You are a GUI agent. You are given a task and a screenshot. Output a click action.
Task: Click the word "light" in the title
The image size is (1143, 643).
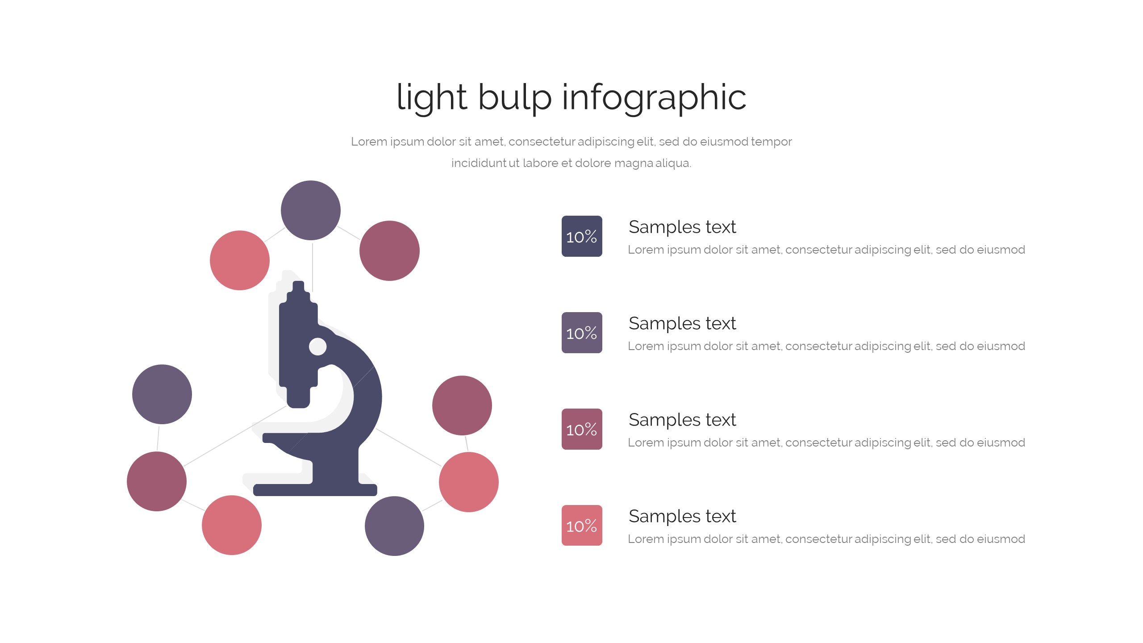pyautogui.click(x=431, y=97)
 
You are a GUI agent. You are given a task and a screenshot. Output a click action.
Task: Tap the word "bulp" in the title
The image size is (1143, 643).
pyautogui.click(x=514, y=97)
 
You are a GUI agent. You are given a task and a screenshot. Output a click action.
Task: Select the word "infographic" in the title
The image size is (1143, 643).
pyautogui.click(x=654, y=97)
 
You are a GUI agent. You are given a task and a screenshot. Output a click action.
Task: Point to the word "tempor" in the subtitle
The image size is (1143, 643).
pyautogui.click(x=771, y=142)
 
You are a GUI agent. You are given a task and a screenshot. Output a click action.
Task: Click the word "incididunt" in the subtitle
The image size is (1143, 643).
pyautogui.click(x=478, y=163)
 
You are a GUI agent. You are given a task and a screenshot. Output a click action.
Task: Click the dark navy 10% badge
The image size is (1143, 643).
pyautogui.click(x=582, y=236)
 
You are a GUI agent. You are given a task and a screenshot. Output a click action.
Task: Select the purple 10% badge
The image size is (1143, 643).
pyautogui.click(x=582, y=333)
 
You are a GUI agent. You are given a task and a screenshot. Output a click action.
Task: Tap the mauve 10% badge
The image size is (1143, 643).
pyautogui.click(x=582, y=429)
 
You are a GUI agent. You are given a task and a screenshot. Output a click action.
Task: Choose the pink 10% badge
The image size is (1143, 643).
pyautogui.click(x=582, y=526)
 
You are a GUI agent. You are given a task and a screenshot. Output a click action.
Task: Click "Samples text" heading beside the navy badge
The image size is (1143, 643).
pyautogui.click(x=682, y=227)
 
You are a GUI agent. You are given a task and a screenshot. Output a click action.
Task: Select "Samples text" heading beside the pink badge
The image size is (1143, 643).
pyautogui.click(x=682, y=516)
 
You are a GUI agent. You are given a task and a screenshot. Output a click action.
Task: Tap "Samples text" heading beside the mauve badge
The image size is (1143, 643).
pyautogui.click(x=682, y=420)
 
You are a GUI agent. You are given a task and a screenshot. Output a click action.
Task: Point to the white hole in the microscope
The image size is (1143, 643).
pyautogui.click(x=317, y=347)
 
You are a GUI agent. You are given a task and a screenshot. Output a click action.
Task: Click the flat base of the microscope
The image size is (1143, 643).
pyautogui.click(x=315, y=490)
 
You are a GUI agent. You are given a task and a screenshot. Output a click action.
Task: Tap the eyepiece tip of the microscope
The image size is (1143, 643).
pyautogui.click(x=298, y=286)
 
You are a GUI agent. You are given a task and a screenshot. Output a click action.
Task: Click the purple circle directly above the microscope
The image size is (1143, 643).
pyautogui.click(x=311, y=210)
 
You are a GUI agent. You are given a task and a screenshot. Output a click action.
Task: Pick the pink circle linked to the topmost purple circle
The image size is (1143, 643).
pyautogui.click(x=240, y=260)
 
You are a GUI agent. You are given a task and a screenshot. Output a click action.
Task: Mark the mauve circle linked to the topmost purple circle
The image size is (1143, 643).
pyautogui.click(x=389, y=251)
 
